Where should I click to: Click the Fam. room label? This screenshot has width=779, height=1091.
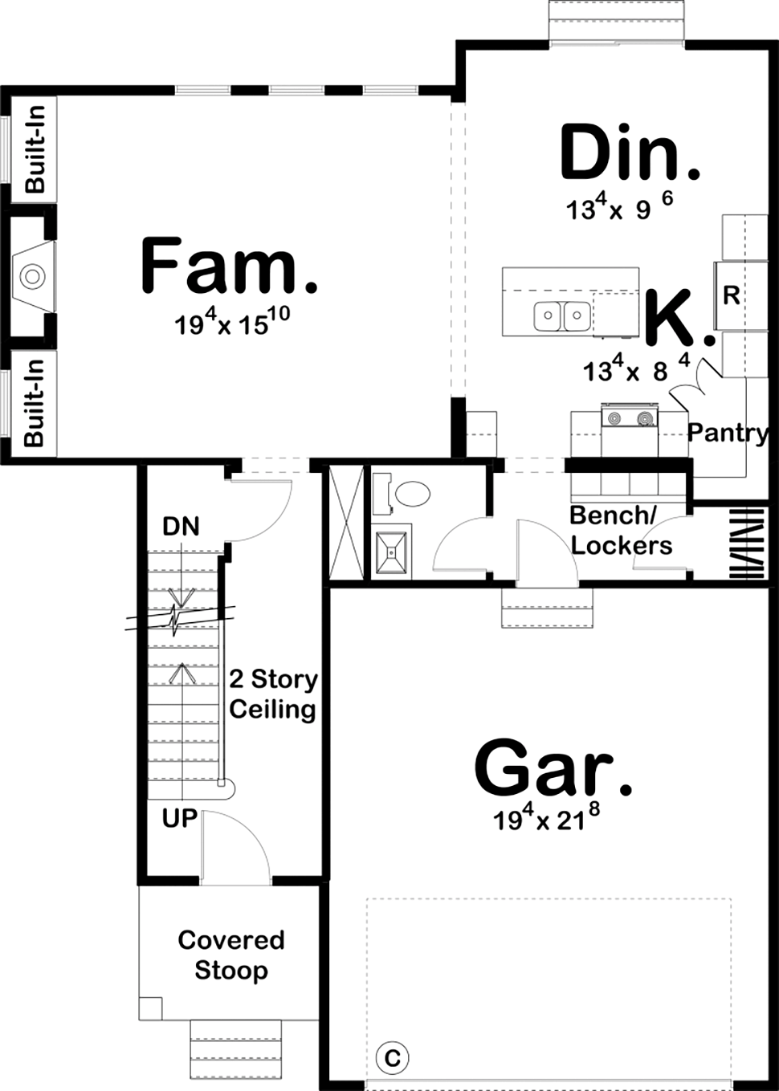click(229, 266)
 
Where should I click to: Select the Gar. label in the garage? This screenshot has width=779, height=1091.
click(553, 768)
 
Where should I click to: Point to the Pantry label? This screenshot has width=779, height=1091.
click(728, 433)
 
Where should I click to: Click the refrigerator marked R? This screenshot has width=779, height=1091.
click(731, 295)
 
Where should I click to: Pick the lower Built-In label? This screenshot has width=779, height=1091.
click(35, 403)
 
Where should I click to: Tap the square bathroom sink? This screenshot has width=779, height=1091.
click(393, 552)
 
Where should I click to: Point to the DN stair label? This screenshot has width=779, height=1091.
click(181, 527)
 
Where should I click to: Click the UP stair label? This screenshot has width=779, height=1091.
click(179, 818)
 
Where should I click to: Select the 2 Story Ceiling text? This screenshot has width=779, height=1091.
click(272, 694)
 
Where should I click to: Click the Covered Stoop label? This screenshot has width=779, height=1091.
click(231, 955)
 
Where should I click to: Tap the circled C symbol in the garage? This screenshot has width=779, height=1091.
click(392, 1057)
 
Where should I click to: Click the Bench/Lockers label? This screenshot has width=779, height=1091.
click(621, 531)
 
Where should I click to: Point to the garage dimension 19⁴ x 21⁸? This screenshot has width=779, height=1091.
click(546, 819)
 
